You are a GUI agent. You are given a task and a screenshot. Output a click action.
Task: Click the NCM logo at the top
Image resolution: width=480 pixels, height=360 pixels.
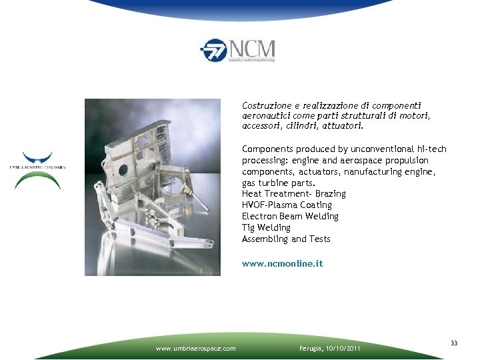[x=237, y=50]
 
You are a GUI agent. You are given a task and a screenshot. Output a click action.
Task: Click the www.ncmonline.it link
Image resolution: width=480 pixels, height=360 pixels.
[x=282, y=263]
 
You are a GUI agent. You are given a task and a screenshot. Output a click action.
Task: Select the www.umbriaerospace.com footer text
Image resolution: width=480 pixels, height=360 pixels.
[x=195, y=348]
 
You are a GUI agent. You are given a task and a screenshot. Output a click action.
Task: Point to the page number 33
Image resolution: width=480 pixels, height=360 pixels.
[x=454, y=343]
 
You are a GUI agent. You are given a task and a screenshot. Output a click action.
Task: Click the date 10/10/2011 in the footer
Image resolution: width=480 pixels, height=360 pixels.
[x=341, y=348]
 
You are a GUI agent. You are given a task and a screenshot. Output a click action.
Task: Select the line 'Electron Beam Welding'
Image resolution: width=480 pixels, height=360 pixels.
[x=290, y=216]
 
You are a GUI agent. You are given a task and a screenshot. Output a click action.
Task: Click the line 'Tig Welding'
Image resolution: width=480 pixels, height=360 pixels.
[x=266, y=227]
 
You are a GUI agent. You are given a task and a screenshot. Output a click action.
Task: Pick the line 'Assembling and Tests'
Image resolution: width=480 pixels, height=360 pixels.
[x=286, y=239]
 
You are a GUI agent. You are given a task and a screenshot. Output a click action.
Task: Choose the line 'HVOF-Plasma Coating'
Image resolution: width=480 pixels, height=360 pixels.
[x=287, y=205]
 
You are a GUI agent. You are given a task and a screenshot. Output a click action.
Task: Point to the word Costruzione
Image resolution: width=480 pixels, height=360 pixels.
[x=265, y=105]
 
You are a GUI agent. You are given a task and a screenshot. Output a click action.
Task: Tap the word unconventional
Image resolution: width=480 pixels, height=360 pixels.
[x=377, y=149]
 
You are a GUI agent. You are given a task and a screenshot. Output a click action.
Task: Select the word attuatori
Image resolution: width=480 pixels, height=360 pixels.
[x=343, y=125]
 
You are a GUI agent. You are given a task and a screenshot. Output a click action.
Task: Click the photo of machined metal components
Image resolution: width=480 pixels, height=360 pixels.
[x=152, y=187]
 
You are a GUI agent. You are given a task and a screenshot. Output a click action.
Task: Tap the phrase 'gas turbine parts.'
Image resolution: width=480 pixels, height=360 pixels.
[x=279, y=182]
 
